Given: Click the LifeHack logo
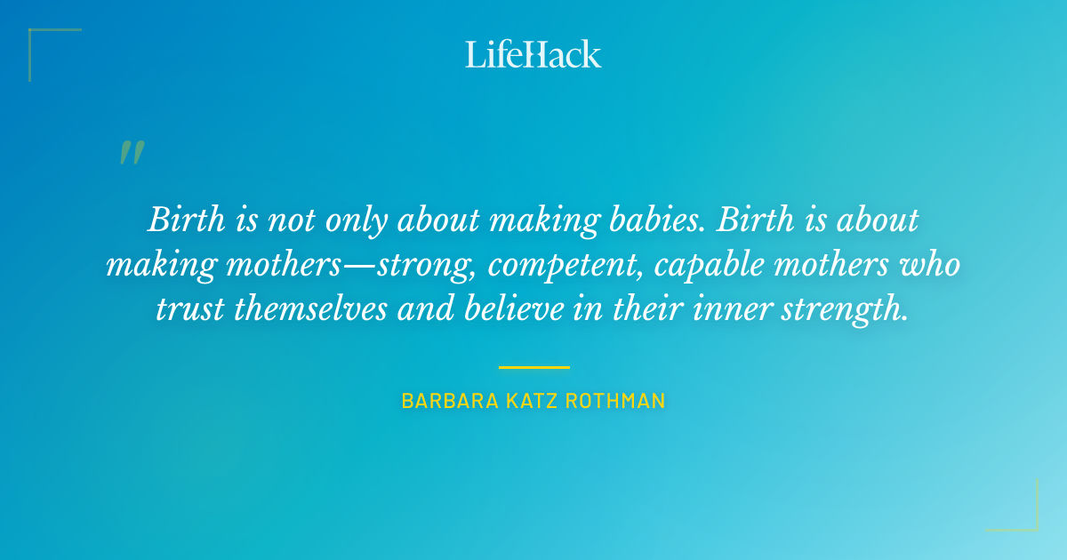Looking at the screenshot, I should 533,53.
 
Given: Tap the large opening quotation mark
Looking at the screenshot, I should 131,154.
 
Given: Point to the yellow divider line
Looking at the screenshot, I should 533,367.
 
